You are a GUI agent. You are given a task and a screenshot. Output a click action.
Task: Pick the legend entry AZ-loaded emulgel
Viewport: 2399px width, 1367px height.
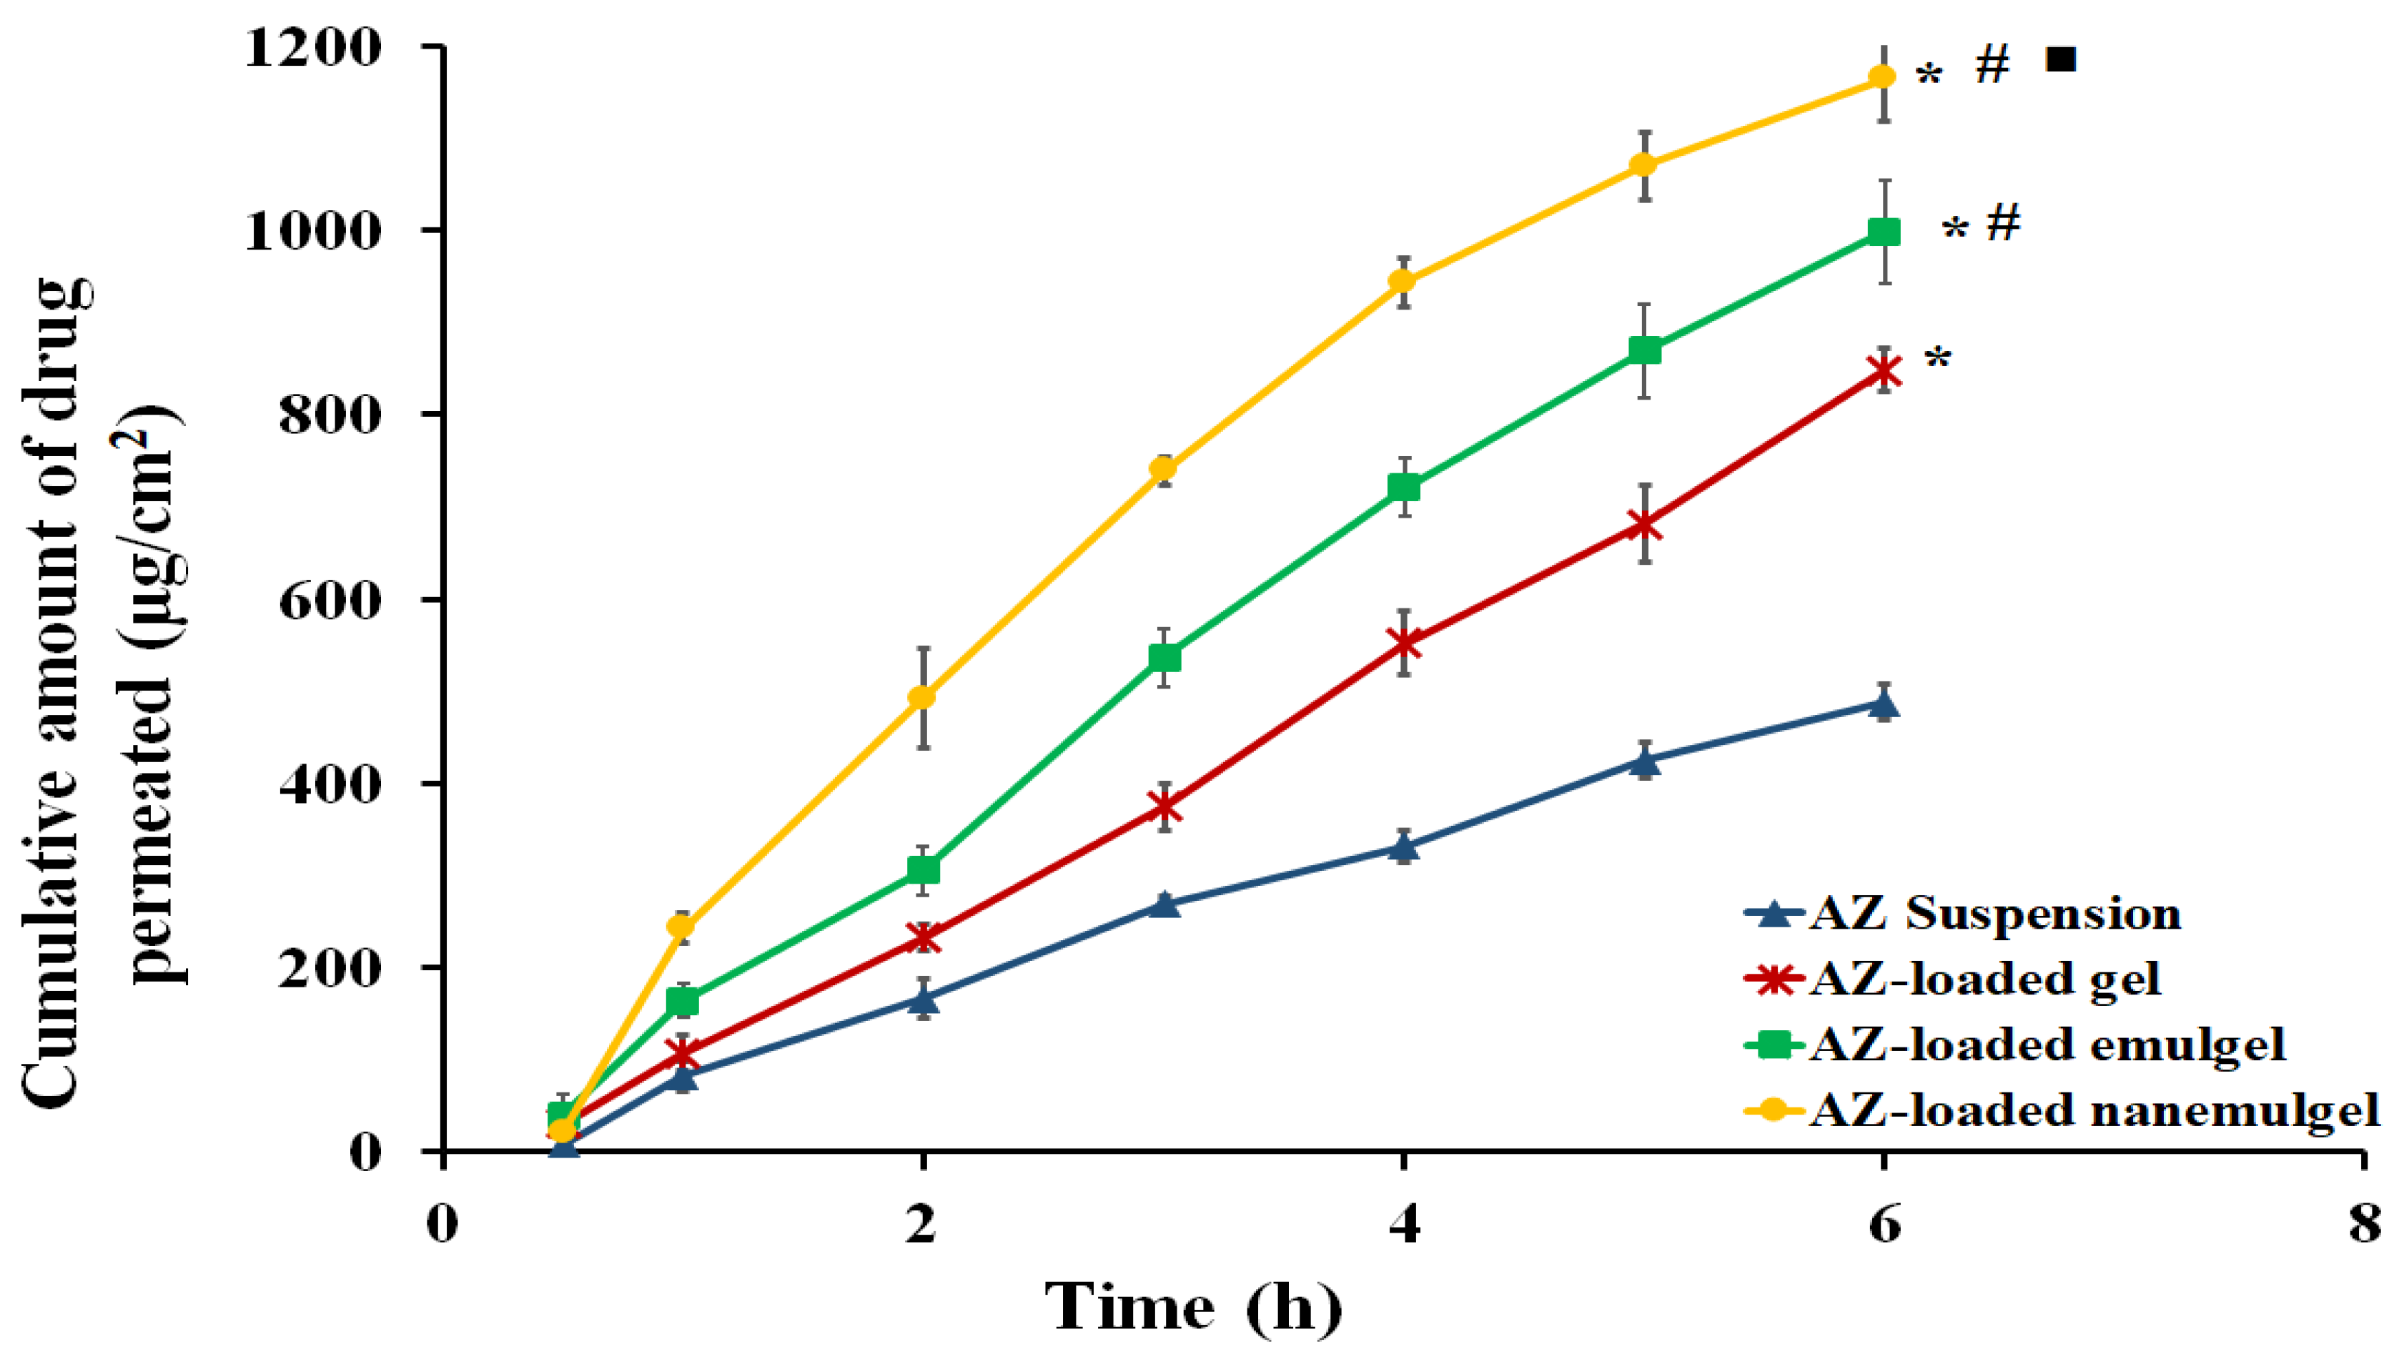coord(2046,1044)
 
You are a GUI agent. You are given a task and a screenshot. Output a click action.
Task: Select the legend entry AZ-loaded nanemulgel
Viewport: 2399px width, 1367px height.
coord(2093,1110)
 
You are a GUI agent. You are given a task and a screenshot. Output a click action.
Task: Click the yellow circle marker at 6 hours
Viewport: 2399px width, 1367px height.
coord(1883,77)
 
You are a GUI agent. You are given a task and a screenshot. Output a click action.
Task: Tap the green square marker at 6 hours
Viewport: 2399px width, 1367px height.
coord(1884,232)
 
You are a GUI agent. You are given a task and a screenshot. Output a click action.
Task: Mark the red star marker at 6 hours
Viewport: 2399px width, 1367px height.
coord(1884,372)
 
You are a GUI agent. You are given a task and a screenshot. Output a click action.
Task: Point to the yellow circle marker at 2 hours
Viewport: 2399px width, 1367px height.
coord(924,696)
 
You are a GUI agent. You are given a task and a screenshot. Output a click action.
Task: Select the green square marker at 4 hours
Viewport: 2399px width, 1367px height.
coord(1404,488)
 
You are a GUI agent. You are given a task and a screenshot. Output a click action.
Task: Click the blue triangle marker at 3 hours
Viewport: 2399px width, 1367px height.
coord(1164,904)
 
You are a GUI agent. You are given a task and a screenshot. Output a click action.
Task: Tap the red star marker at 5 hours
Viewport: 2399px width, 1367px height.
coord(1643,524)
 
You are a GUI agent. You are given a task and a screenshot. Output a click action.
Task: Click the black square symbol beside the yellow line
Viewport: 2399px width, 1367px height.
coord(2060,60)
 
